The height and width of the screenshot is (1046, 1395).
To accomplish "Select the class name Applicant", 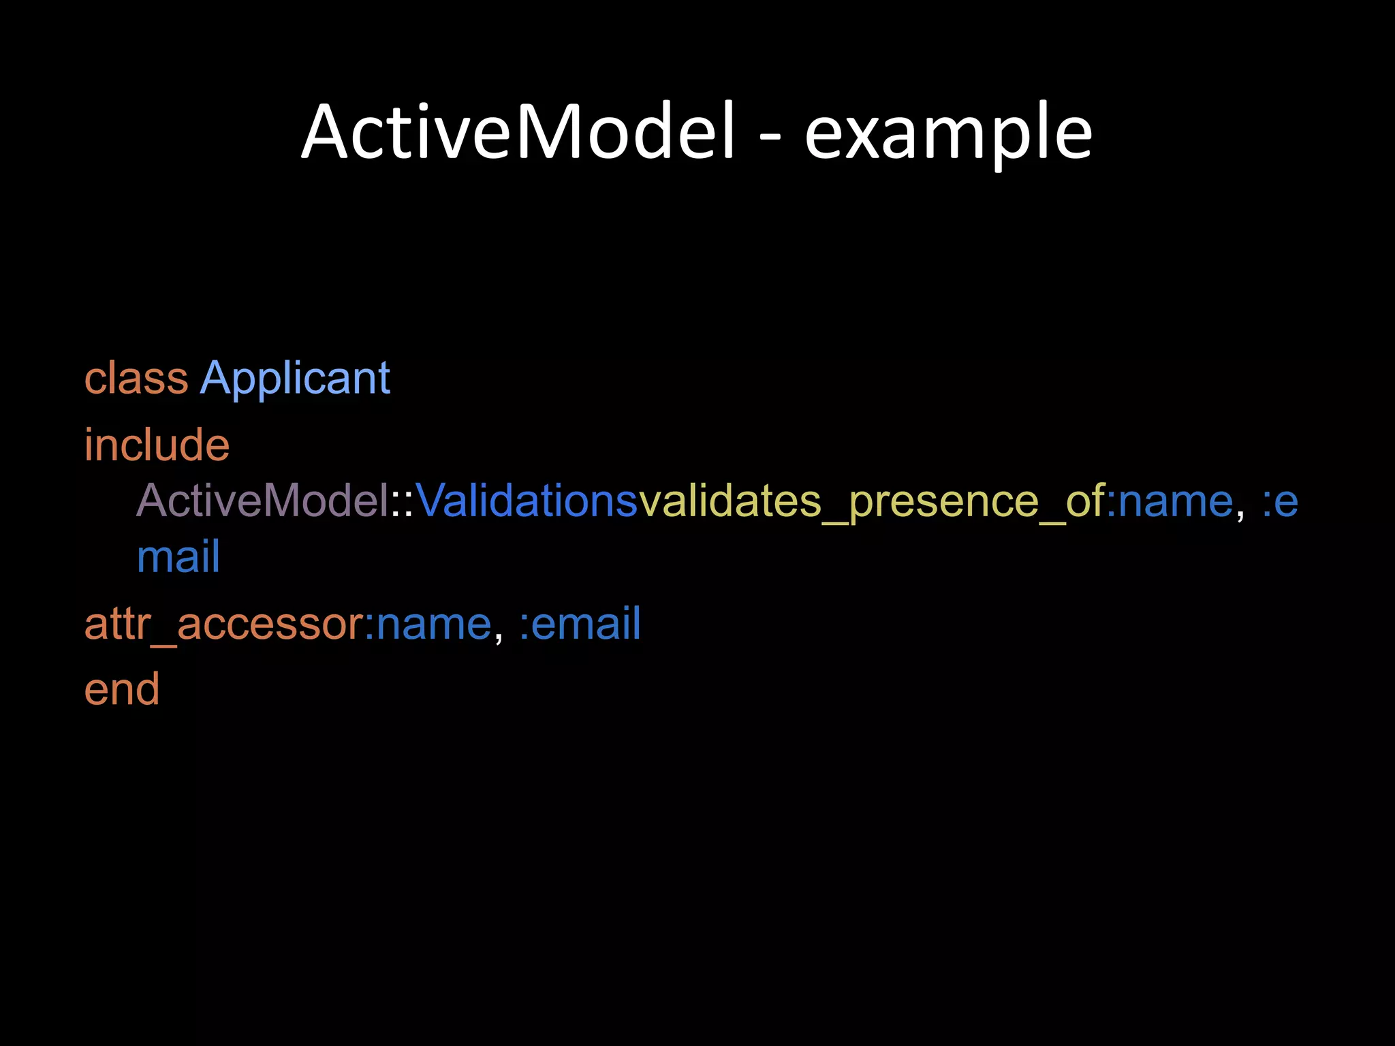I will (x=295, y=379).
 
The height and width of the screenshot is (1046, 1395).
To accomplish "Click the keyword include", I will (x=157, y=445).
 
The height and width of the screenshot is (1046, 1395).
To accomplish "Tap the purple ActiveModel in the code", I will (x=262, y=501).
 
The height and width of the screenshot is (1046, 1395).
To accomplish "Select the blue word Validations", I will (x=527, y=501).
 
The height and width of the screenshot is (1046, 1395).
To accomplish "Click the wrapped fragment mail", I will (x=178, y=557).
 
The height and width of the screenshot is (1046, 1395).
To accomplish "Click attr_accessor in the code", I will (x=224, y=624).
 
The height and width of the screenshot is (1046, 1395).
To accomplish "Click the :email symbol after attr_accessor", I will (x=580, y=624).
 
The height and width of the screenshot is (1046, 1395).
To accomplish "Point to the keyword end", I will (x=122, y=690).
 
